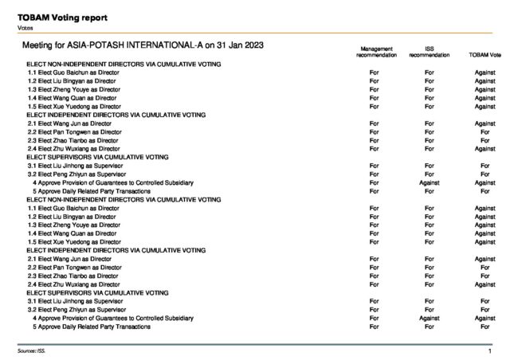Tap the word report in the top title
pyautogui.click(x=95, y=17)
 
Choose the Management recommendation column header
pyautogui.click(x=374, y=51)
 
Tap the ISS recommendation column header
pyautogui.click(x=429, y=51)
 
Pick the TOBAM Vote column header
pyautogui.click(x=484, y=54)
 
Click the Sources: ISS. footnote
pyautogui.click(x=31, y=350)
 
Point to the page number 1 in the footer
pyautogui.click(x=489, y=350)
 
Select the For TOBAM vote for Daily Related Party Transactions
pyautogui.click(x=484, y=327)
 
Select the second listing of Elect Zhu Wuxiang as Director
pyautogui.click(x=73, y=284)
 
